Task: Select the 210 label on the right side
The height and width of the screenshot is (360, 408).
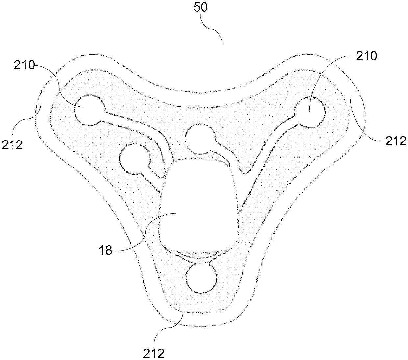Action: (366, 56)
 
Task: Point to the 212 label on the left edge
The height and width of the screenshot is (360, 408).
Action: (12, 144)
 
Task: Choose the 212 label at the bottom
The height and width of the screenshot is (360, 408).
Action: (154, 353)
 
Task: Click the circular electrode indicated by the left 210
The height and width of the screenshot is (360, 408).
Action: (89, 111)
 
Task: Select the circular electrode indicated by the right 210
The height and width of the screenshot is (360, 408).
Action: (310, 112)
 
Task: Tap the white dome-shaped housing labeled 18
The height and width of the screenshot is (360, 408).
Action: (197, 204)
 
